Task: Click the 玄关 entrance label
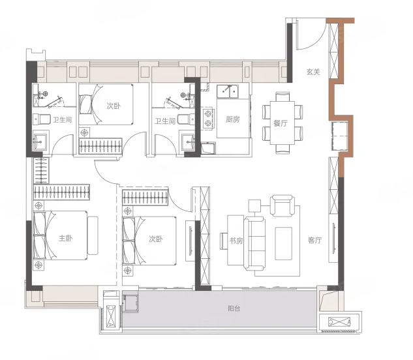click(x=313, y=72)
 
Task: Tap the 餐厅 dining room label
click(x=281, y=123)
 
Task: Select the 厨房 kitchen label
click(x=232, y=119)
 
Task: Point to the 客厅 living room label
click(x=314, y=240)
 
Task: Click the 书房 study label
click(x=236, y=241)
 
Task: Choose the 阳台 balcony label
click(x=234, y=308)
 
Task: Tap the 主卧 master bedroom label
click(x=65, y=238)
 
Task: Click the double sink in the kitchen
click(x=228, y=91)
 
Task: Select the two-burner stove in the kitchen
click(x=208, y=118)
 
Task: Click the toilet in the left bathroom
click(x=42, y=119)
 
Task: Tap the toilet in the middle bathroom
click(x=186, y=119)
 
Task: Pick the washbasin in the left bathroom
click(x=40, y=142)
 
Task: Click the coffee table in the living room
click(x=283, y=244)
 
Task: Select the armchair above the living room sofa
click(x=282, y=205)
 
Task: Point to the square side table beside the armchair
click(x=254, y=205)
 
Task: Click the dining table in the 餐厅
click(x=283, y=123)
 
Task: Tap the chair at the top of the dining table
click(x=283, y=97)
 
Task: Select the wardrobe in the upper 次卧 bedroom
click(x=100, y=146)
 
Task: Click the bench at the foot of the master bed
click(x=93, y=235)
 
